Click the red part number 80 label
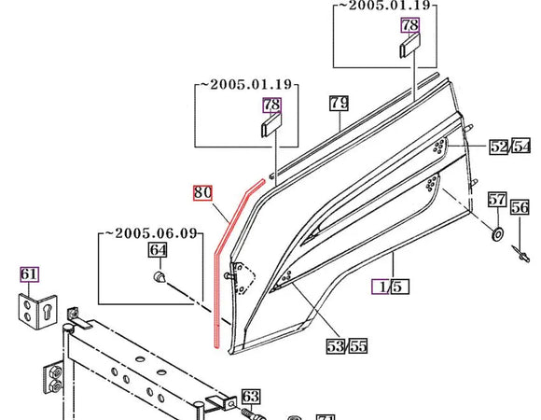pyautogui.click(x=202, y=192)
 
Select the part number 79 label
pyautogui.click(x=339, y=103)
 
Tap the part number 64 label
pyautogui.click(x=158, y=250)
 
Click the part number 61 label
pyautogui.click(x=29, y=274)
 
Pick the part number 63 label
pyautogui.click(x=251, y=397)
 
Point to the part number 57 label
pyautogui.click(x=497, y=200)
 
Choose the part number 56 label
pyautogui.click(x=520, y=207)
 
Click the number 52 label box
pyautogui.click(x=499, y=147)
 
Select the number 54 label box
pyautogui.click(x=521, y=147)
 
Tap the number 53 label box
pyautogui.click(x=336, y=346)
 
